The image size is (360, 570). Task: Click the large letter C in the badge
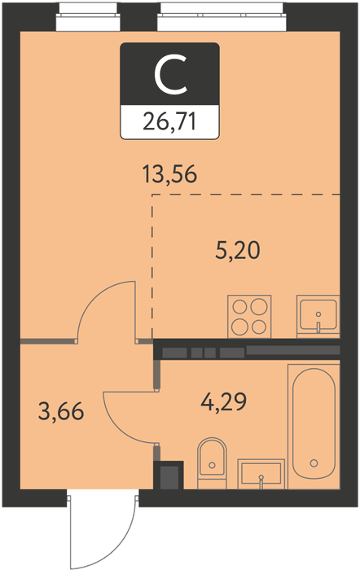(x=170, y=75)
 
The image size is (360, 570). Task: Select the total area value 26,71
(x=169, y=121)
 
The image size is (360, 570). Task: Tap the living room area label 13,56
(x=169, y=174)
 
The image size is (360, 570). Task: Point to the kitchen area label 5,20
(x=238, y=251)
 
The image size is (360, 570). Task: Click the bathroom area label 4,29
(x=224, y=401)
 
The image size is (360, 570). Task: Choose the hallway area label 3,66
(x=61, y=412)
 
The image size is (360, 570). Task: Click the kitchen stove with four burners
(x=249, y=316)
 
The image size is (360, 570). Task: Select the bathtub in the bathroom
(x=314, y=426)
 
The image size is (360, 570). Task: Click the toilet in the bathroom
(x=212, y=463)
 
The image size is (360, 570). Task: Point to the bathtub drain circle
(x=314, y=463)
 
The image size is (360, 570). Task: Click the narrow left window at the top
(x=88, y=17)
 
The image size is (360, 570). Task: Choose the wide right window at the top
(x=222, y=17)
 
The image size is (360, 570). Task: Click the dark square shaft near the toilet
(x=169, y=476)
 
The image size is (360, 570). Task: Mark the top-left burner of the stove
(x=240, y=307)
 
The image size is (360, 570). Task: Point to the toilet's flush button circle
(x=212, y=465)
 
